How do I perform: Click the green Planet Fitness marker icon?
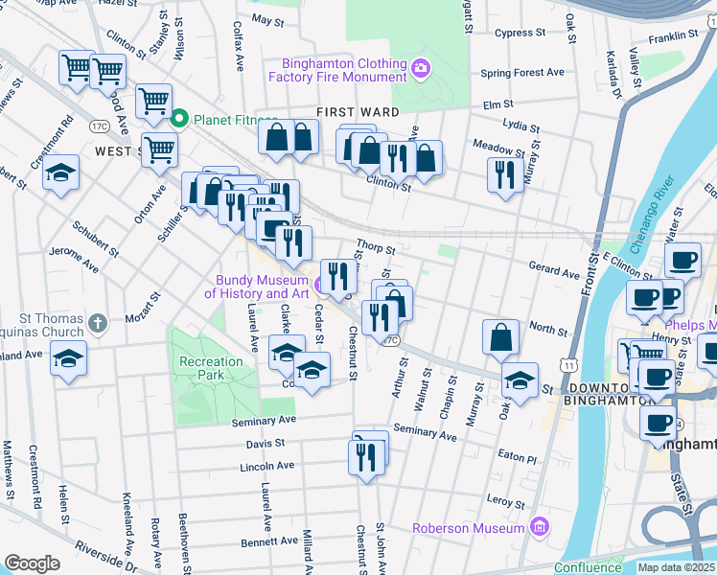[178, 120]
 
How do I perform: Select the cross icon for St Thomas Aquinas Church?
[97, 323]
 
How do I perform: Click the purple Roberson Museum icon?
[541, 527]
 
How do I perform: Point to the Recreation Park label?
[211, 369]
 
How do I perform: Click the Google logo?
[32, 563]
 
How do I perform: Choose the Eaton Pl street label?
[517, 459]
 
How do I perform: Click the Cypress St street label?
[520, 33]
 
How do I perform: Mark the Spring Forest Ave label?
[522, 73]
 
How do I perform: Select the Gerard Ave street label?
[554, 272]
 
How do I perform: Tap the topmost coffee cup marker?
[683, 260]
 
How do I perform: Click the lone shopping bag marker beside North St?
[500, 337]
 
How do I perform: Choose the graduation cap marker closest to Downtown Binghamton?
[520, 380]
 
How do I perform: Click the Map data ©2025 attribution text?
[677, 567]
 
